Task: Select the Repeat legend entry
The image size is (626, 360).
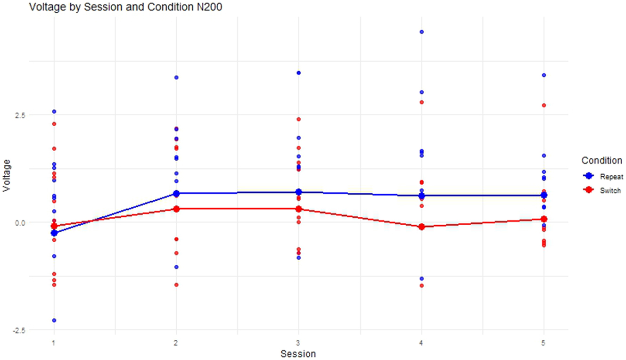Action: [x=611, y=177]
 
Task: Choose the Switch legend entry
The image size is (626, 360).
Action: [x=611, y=191]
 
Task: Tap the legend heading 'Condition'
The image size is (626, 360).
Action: [x=601, y=161]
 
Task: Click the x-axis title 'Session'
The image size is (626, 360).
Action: [x=298, y=353]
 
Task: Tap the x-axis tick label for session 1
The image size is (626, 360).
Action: [x=54, y=344]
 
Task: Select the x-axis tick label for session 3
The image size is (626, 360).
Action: [x=298, y=344]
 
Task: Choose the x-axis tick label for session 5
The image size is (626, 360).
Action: [x=544, y=344]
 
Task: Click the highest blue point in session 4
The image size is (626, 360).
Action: [x=421, y=32]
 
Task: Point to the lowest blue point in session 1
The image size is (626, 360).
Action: [x=54, y=320]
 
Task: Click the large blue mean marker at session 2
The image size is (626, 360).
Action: [x=176, y=194]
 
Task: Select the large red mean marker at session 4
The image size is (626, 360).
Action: [x=421, y=227]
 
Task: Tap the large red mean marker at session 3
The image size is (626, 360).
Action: [x=298, y=209]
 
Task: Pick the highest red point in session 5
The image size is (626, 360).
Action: [x=544, y=106]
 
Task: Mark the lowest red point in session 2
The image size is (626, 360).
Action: [x=176, y=285]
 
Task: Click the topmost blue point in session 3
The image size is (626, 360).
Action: [x=298, y=73]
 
